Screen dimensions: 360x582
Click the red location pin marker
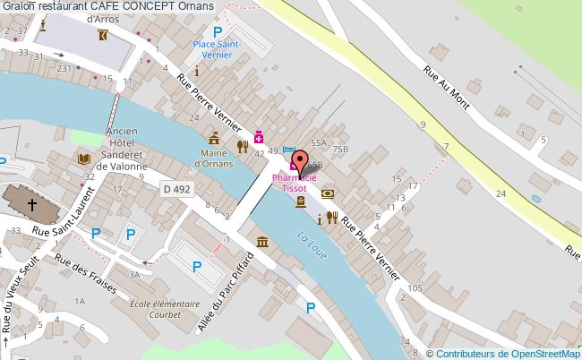click(300, 161)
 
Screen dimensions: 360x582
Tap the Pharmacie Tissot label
click(295, 184)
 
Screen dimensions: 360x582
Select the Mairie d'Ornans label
click(214, 159)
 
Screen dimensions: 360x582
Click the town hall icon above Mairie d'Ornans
click(214, 139)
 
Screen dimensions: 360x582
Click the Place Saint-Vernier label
click(218, 49)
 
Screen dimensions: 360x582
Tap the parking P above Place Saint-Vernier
click(218, 31)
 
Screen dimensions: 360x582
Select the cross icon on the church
click(31, 205)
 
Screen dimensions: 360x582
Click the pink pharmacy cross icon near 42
click(259, 137)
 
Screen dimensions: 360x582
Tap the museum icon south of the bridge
click(262, 242)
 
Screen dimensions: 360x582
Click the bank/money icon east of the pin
click(328, 192)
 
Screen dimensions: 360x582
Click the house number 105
click(414, 287)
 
